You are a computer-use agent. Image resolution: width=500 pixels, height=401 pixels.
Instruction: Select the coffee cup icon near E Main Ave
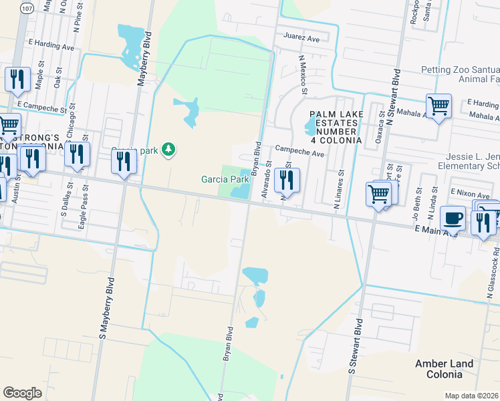[x=453, y=217]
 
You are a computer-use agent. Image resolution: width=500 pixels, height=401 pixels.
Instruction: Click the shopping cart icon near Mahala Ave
[x=439, y=106]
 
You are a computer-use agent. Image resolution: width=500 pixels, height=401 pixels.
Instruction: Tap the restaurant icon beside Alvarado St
[x=287, y=179]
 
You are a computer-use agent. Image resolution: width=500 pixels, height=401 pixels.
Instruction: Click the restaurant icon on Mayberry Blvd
[x=124, y=162]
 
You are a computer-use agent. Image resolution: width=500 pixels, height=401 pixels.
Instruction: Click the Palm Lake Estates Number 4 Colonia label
[x=336, y=128]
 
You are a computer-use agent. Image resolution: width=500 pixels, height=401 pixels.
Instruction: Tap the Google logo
[x=22, y=392]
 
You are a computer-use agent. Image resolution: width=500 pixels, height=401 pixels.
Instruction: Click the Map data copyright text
[x=472, y=396]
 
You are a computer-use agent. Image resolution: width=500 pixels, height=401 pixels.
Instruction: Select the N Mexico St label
[x=303, y=75]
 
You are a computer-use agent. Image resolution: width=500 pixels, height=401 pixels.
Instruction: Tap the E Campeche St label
[x=43, y=107]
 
